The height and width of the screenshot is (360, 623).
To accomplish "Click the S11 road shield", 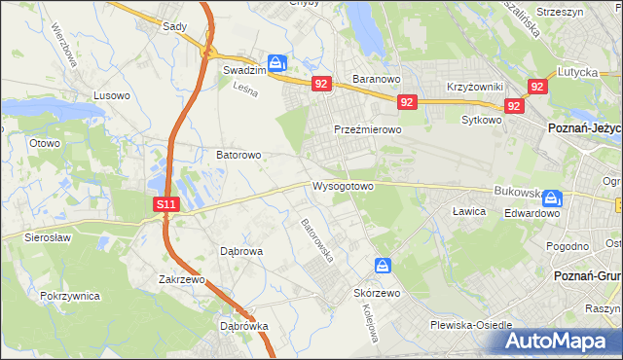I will pos(166,204).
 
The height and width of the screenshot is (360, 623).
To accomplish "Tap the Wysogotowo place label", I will pos(343,185).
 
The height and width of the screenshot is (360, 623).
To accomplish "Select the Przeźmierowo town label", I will pos(368,129).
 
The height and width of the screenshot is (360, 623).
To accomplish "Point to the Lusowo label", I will pos(111,95).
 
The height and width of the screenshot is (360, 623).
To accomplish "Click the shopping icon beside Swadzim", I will pos(277,63).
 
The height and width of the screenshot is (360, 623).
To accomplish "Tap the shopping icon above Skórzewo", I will pos(384,266).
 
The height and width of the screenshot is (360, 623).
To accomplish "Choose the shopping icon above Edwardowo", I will pos(552,198).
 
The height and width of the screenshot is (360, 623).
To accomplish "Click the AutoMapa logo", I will pos(559,341).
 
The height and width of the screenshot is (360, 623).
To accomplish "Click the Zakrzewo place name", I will pos(183,279).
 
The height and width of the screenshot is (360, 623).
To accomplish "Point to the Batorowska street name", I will pos(317,241).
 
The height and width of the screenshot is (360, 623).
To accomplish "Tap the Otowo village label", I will pos(45,143).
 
